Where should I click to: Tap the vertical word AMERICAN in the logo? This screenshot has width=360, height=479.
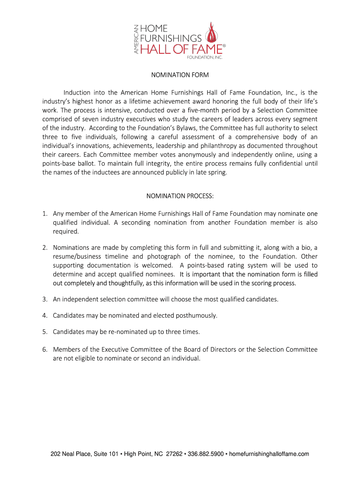coord(136,39)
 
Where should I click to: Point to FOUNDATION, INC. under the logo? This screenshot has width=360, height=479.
coord(204,58)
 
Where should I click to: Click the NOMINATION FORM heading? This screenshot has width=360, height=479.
coord(180,75)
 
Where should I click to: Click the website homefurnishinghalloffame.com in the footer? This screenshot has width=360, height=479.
coord(269,454)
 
